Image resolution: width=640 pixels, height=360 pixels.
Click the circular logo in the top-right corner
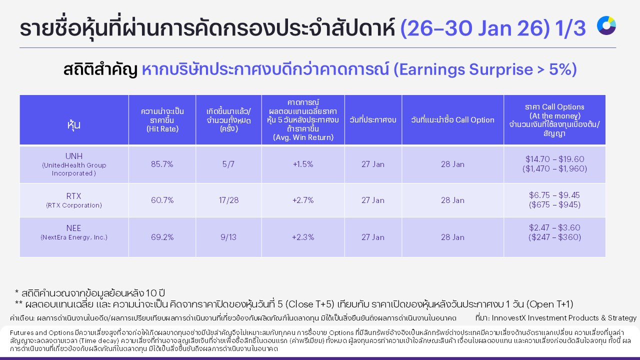click(x=606, y=25)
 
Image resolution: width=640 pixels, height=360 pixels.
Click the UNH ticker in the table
click(x=73, y=156)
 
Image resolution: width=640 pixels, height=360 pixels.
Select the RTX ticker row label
click(x=73, y=196)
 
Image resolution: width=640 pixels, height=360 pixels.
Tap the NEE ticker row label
click(x=73, y=228)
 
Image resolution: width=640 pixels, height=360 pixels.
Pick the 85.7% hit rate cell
click(x=162, y=164)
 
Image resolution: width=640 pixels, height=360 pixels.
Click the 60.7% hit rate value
click(x=162, y=200)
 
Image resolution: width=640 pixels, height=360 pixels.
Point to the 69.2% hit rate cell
click(x=162, y=237)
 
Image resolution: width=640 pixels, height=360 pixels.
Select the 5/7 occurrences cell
click(x=228, y=164)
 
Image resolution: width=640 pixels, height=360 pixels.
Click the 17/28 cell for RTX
click(x=228, y=200)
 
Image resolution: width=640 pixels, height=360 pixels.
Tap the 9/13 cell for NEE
click(x=228, y=237)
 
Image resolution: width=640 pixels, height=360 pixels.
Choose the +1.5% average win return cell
click(x=303, y=164)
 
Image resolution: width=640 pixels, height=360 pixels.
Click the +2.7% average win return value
click(x=303, y=200)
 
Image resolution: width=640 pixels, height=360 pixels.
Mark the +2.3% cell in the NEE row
click(x=303, y=237)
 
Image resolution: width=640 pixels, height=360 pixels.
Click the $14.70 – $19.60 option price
click(x=554, y=159)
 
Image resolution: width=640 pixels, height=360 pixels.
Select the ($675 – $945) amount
click(x=554, y=205)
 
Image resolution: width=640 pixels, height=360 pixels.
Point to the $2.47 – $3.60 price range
click(x=554, y=227)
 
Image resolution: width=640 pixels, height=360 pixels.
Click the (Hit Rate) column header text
click(x=162, y=129)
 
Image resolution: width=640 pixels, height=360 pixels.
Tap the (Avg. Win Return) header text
click(x=303, y=137)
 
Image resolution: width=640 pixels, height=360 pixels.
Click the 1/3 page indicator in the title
click(x=570, y=29)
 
